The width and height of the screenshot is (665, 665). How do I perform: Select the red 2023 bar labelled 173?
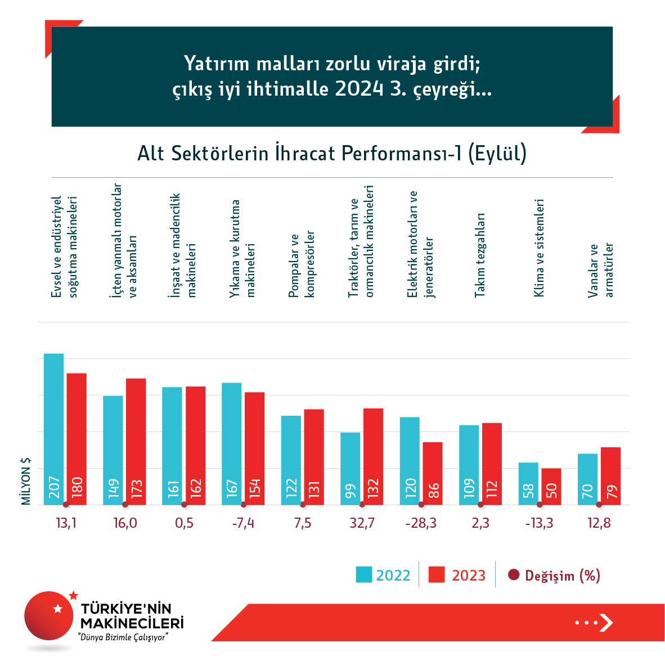pyautogui.click(x=136, y=441)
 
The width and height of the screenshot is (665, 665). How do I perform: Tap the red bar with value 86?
pyautogui.click(x=433, y=473)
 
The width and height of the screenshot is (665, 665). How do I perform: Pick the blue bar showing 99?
pyautogui.click(x=350, y=468)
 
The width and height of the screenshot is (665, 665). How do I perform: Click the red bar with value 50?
pyautogui.click(x=551, y=486)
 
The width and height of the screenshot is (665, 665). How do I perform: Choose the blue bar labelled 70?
pyautogui.click(x=587, y=479)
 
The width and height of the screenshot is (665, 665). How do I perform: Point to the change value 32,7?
pyautogui.click(x=362, y=523)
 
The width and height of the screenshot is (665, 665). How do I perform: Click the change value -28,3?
pyautogui.click(x=421, y=523)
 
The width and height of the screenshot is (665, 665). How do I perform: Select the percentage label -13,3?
pyautogui.click(x=539, y=523)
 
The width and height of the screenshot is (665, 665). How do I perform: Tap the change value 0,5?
pyautogui.click(x=184, y=523)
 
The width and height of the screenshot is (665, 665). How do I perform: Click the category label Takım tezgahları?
pyautogui.click(x=479, y=255)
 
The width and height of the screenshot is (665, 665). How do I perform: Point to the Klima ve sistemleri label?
pyautogui.click(x=539, y=248)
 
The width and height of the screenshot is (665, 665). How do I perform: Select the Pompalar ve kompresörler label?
pyautogui.click(x=302, y=264)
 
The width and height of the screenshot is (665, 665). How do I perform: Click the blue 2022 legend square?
pyautogui.click(x=364, y=575)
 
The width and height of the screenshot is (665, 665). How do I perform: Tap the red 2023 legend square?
pyautogui.click(x=437, y=575)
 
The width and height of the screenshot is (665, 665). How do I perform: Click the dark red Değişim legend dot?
pyautogui.click(x=513, y=575)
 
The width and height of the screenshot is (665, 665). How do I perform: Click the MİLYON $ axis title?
pyautogui.click(x=26, y=481)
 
